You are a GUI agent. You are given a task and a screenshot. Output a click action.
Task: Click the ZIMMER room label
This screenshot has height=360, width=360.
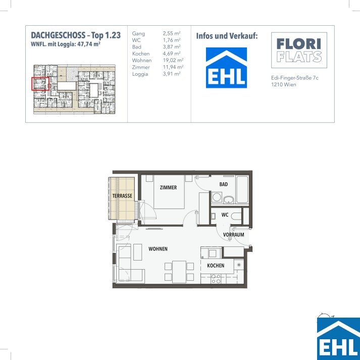pos(168,188)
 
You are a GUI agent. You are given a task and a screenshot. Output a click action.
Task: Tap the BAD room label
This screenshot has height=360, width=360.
pos(223,184)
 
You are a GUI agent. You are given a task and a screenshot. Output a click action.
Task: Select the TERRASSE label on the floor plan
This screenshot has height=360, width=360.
pos(122,196)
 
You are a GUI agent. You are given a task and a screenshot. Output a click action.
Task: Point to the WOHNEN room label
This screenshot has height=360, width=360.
pos(158,249)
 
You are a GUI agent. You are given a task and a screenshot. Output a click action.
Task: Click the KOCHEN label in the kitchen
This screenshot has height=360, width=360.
pos(216,266)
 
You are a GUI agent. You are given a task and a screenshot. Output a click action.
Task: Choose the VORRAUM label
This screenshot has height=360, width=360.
pos(233,235)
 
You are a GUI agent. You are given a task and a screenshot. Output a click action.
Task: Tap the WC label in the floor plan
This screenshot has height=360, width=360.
pos(225,215)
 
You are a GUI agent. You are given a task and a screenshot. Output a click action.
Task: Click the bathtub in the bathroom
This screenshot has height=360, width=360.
pos(242,189)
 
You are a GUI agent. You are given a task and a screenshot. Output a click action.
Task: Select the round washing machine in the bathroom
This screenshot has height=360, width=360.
pos(217,197)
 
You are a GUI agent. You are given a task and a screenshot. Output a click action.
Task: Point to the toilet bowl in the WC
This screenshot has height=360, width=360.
pos(236,216)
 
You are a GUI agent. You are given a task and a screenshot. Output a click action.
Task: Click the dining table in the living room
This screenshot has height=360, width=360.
pos(179,272)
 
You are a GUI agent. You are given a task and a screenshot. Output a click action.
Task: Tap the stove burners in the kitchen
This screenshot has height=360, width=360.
pos(216,279)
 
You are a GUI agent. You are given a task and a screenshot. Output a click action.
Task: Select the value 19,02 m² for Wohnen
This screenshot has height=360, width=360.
pos(173,61)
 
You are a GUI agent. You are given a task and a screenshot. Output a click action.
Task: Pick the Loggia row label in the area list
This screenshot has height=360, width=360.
pos(140,74)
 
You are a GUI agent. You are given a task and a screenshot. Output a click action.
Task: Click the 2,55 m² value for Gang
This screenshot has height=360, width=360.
pos(172,33)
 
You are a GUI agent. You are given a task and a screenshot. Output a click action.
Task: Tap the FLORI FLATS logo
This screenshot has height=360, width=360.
pos(299,50)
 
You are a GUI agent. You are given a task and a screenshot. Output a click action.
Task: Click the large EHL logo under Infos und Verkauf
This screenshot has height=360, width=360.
pos(226,68)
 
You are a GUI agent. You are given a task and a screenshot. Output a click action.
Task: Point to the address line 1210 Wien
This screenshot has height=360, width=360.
pos(284,84)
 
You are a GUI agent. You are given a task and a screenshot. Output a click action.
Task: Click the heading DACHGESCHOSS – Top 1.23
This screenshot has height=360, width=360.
pos(76,35)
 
